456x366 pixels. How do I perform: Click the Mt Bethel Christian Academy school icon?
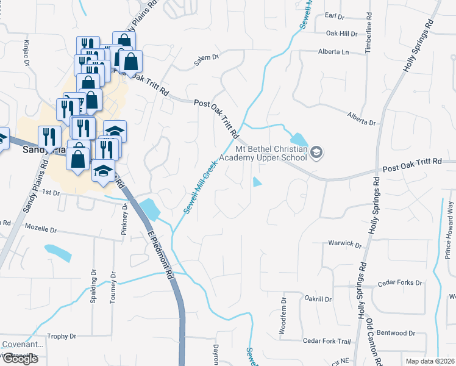[x=316, y=152]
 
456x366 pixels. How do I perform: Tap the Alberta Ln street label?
[x=333, y=52]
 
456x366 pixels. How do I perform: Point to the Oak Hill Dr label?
[x=341, y=34]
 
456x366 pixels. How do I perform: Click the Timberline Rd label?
[x=368, y=37]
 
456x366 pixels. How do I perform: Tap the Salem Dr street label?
[x=206, y=58]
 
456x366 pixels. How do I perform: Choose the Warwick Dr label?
[x=345, y=243]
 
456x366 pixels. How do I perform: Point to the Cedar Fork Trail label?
[x=327, y=341]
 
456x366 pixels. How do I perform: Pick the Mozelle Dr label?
[x=40, y=230]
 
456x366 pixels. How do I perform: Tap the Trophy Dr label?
[x=62, y=336]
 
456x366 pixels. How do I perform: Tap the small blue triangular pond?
[x=257, y=182]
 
